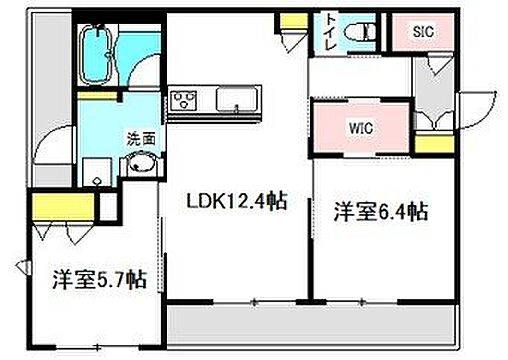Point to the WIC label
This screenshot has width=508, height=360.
click(361, 127)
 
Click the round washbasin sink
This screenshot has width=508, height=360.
click(142, 166)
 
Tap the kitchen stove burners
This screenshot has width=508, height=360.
click(184, 100)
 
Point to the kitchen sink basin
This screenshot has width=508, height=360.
click(236, 100)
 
